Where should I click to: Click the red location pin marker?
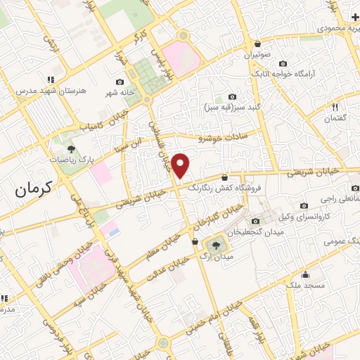182,165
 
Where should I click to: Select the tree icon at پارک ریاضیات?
71,148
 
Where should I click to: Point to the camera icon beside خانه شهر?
129,83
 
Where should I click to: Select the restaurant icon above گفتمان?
335,107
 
